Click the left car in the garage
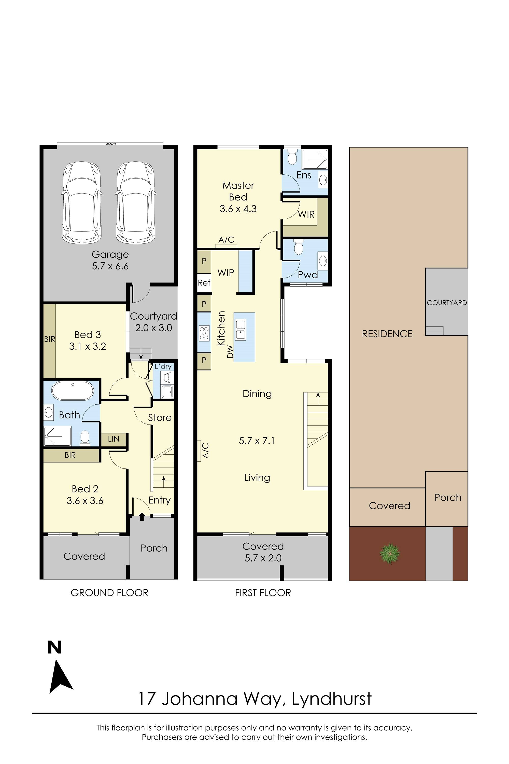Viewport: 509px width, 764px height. (x=81, y=203)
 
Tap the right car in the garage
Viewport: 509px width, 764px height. (x=135, y=203)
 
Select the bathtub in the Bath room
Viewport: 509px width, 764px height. (x=73, y=391)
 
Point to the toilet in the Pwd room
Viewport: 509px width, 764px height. (x=298, y=247)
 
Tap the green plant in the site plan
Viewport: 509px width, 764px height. (x=390, y=553)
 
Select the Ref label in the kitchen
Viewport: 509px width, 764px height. (x=204, y=283)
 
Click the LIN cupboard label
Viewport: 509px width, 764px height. (x=114, y=439)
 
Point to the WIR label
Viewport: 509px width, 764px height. (x=306, y=214)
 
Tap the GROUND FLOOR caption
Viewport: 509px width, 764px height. (x=109, y=593)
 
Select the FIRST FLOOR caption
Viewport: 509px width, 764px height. (x=263, y=593)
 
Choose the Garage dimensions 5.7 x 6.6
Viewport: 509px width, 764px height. (x=110, y=266)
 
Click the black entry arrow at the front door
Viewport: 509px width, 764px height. (x=142, y=516)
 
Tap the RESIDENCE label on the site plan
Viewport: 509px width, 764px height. (x=387, y=334)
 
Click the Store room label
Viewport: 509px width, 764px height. (x=160, y=417)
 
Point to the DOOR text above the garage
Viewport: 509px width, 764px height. (x=111, y=144)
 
